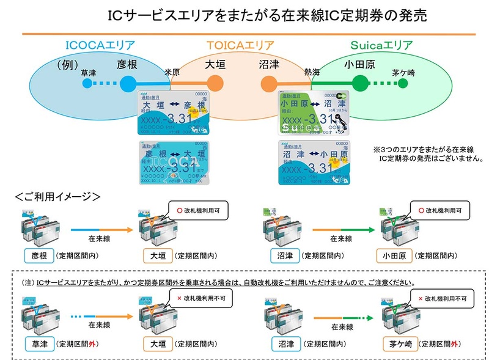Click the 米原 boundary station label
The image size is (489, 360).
tap(172, 72)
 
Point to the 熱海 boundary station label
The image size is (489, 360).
tap(312, 72)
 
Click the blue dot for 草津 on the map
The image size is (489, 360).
tap(89, 84)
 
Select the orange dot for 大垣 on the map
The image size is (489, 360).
tap(218, 83)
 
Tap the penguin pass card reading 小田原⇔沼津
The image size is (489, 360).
tap(314, 114)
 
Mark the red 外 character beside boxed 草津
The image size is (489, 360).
tap(92, 345)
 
